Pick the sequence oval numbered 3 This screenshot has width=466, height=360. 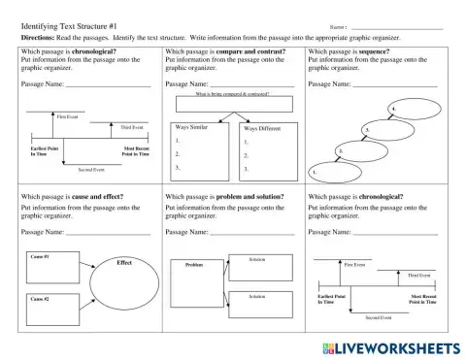(x=385, y=129)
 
